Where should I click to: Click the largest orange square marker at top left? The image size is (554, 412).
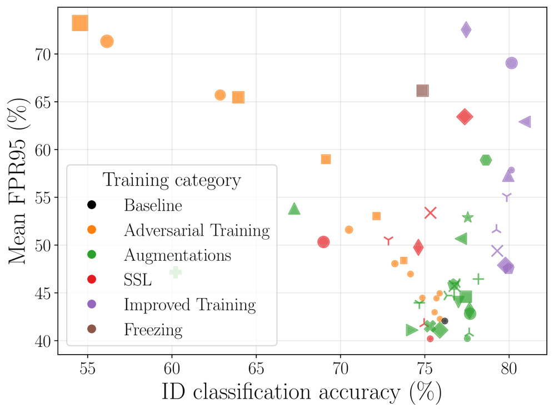pyautogui.click(x=80, y=23)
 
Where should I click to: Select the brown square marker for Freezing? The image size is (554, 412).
pyautogui.click(x=422, y=91)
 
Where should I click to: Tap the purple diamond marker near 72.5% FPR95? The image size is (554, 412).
pyautogui.click(x=466, y=29)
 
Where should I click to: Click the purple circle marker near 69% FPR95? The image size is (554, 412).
pyautogui.click(x=511, y=63)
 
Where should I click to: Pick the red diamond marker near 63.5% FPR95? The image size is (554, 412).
pyautogui.click(x=465, y=117)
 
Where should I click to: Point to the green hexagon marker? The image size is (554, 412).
pyautogui.click(x=486, y=160)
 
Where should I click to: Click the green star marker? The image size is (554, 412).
pyautogui.click(x=468, y=217)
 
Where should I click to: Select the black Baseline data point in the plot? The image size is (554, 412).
pyautogui.click(x=445, y=321)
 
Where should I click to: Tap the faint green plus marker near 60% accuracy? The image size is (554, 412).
pyautogui.click(x=176, y=272)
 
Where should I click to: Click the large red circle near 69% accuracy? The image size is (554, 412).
pyautogui.click(x=323, y=242)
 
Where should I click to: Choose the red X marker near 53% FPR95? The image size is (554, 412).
pyautogui.click(x=431, y=212)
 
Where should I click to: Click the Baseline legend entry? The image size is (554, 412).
pyautogui.click(x=153, y=205)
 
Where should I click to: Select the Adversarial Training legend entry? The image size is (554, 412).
pyautogui.click(x=197, y=230)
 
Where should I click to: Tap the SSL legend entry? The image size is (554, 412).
pyautogui.click(x=137, y=280)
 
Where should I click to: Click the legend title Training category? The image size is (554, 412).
pyautogui.click(x=172, y=180)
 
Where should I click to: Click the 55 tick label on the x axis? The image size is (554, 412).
pyautogui.click(x=87, y=368)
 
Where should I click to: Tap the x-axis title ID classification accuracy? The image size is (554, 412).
pyautogui.click(x=301, y=393)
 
